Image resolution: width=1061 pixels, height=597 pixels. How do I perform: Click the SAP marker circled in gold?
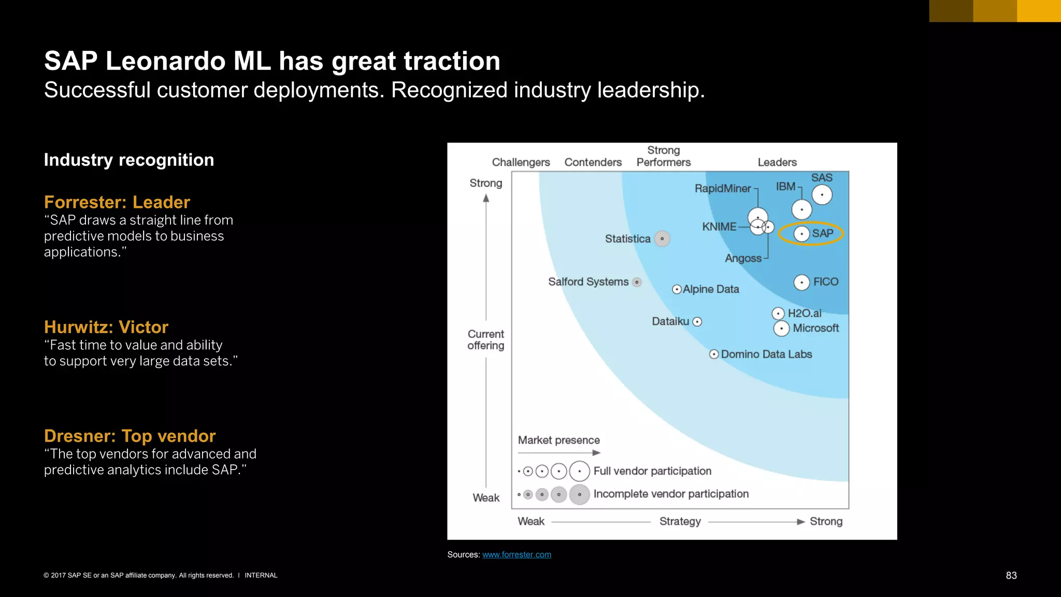[801, 234]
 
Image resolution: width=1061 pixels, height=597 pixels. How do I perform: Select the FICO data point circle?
[801, 282]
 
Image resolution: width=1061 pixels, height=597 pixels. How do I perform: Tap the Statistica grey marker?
[662, 239]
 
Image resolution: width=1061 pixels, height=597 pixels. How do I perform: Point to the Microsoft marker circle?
[781, 329]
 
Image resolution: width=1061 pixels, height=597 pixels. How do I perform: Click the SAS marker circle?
[822, 195]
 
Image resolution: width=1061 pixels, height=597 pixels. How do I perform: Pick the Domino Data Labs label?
[766, 354]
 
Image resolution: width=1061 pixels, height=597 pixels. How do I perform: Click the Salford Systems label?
[588, 282]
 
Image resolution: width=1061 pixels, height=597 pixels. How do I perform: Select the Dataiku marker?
[697, 322]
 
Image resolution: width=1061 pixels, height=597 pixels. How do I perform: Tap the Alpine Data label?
[711, 289]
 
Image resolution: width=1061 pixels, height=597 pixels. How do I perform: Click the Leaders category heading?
[777, 162]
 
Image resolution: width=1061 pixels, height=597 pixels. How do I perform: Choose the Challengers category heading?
[521, 162]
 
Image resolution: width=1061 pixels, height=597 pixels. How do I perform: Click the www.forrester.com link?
[517, 555]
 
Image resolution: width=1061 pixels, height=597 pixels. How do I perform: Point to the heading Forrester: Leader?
[117, 202]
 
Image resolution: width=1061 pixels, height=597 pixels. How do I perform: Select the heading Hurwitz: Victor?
[106, 327]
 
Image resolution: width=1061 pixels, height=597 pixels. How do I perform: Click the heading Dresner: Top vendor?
[130, 436]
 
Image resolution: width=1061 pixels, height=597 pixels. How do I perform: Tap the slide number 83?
[1011, 575]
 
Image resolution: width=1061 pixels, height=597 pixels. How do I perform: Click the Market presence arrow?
[559, 452]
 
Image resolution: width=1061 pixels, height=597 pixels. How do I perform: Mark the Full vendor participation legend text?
[652, 471]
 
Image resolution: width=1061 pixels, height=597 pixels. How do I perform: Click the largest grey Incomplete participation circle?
[579, 494]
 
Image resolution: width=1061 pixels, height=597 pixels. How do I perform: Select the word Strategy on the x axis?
[680, 521]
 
